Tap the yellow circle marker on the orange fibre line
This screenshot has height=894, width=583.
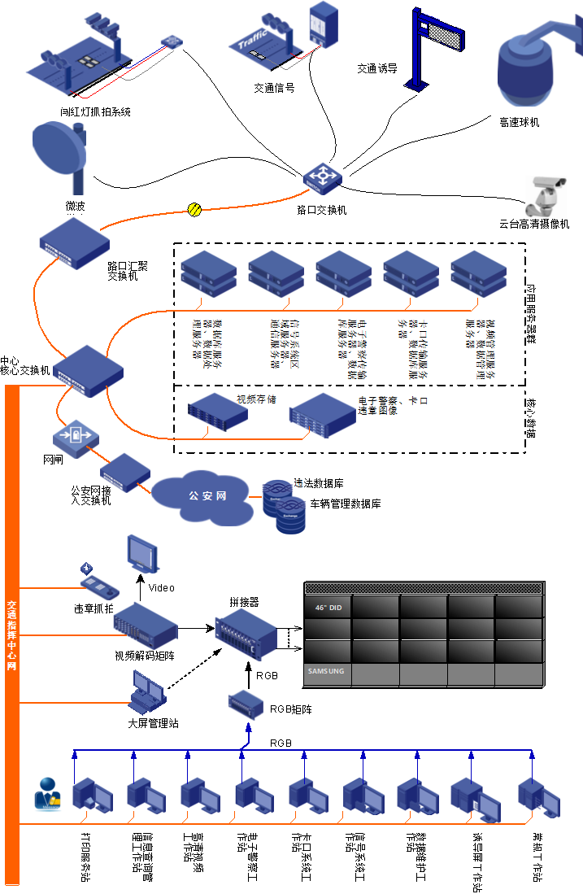point(194,209)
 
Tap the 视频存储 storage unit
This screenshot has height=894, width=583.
point(217,412)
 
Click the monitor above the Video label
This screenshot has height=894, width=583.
point(143,553)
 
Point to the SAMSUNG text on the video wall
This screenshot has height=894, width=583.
point(325,672)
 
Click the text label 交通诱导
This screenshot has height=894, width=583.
point(376,69)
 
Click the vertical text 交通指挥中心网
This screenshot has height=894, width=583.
point(11,635)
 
